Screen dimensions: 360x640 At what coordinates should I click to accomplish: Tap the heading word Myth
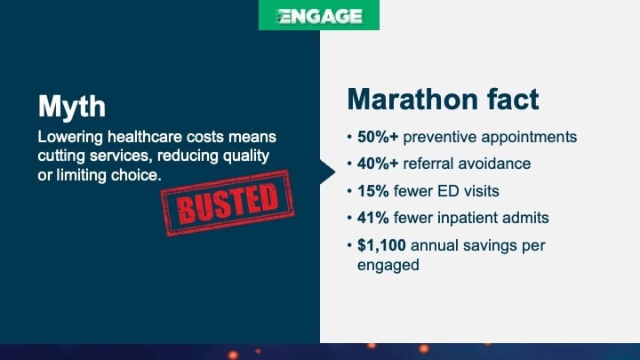72,108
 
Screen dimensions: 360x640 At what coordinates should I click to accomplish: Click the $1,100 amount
380,244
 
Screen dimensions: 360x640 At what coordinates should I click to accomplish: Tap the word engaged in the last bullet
388,265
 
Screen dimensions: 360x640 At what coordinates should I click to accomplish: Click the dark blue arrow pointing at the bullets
327,165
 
